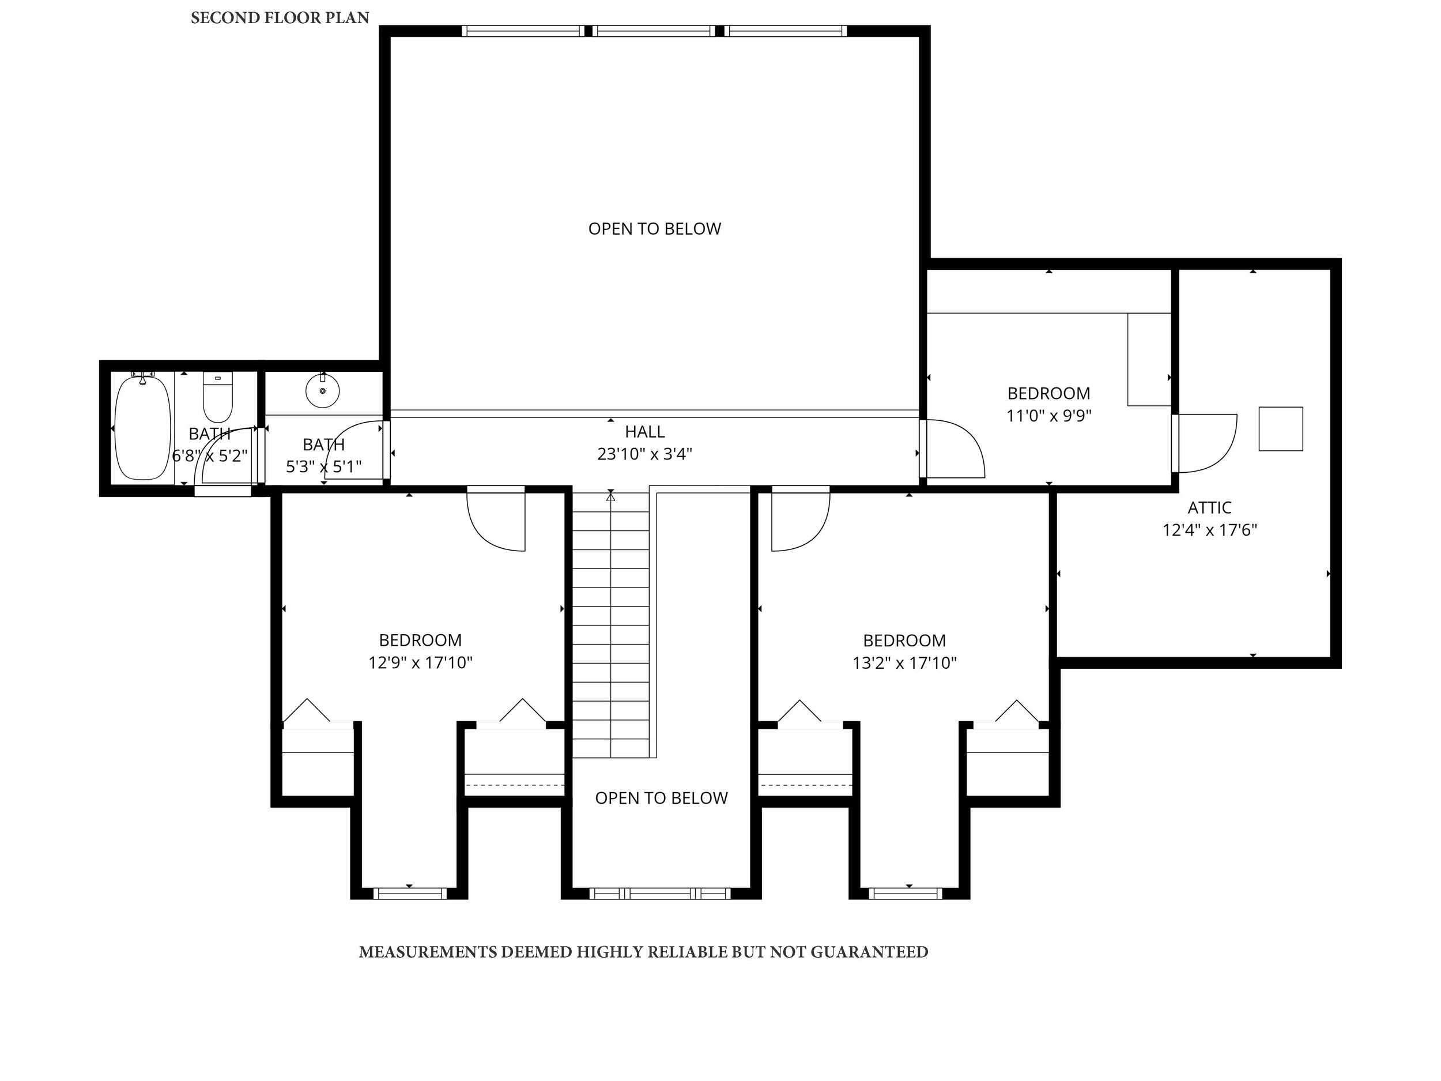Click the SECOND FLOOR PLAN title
[x=280, y=18]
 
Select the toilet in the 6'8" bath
[x=217, y=397]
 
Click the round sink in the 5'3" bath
[x=322, y=391]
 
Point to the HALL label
[x=644, y=431]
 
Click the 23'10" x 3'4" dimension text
[x=644, y=454]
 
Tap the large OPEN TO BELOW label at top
[x=654, y=229]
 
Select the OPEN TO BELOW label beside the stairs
[x=661, y=797]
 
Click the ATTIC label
[x=1209, y=507]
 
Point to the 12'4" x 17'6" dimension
[x=1209, y=530]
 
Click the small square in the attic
[x=1280, y=429]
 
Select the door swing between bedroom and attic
[x=1205, y=443]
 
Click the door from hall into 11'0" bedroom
[x=955, y=450]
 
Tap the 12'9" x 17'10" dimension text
[x=420, y=662]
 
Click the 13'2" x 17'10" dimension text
[x=904, y=662]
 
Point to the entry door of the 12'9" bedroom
[x=496, y=519]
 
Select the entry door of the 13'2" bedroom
[x=800, y=519]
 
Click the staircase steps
[x=610, y=626]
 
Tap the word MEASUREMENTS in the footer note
[x=428, y=952]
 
